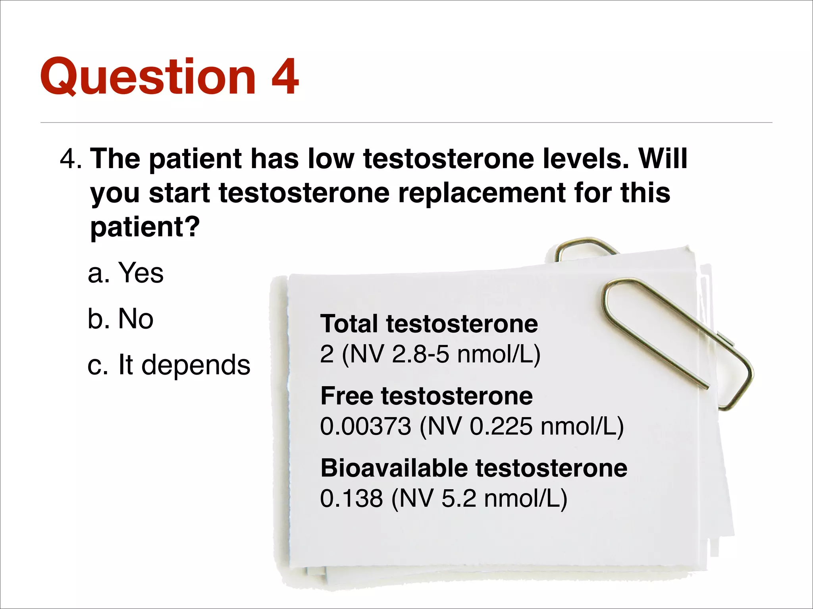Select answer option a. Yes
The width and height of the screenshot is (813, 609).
click(x=125, y=273)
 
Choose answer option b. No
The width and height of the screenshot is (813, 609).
click(x=120, y=319)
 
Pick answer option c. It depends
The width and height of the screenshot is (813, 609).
click(x=169, y=365)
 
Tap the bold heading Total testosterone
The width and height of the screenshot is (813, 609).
click(x=429, y=324)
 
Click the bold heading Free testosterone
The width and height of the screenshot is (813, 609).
click(x=426, y=396)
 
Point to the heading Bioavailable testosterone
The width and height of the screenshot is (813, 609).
click(x=474, y=468)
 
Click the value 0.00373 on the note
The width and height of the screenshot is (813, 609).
click(x=365, y=427)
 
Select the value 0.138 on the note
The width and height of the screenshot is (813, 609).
click(x=351, y=498)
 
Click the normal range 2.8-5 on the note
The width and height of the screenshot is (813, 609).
click(x=420, y=354)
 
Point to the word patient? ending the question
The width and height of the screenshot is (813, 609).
click(x=145, y=227)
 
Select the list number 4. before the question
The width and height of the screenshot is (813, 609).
click(x=71, y=159)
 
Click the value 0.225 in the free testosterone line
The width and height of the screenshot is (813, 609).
click(x=501, y=427)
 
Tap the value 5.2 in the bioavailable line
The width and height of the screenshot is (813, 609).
click(x=459, y=498)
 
